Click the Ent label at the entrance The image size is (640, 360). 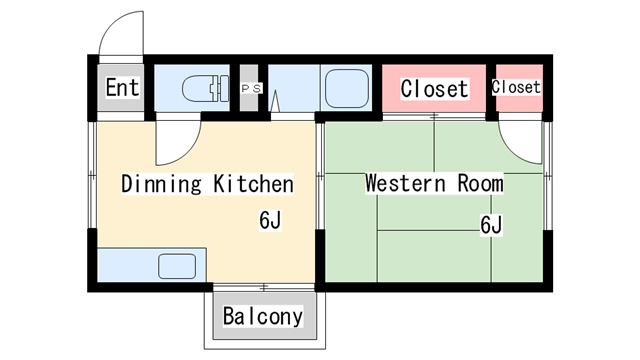(122, 88)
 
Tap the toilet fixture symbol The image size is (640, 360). (201, 89)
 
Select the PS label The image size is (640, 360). (250, 89)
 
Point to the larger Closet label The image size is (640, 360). (434, 89)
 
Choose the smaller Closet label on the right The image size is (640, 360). (516, 88)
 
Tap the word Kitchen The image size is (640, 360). (254, 184)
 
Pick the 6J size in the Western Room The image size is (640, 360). (490, 225)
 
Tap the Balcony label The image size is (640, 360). (262, 317)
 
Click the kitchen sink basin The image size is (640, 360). (177, 266)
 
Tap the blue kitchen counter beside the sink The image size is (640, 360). (125, 266)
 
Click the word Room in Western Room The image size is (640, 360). (480, 184)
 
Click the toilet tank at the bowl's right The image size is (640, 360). (220, 89)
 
